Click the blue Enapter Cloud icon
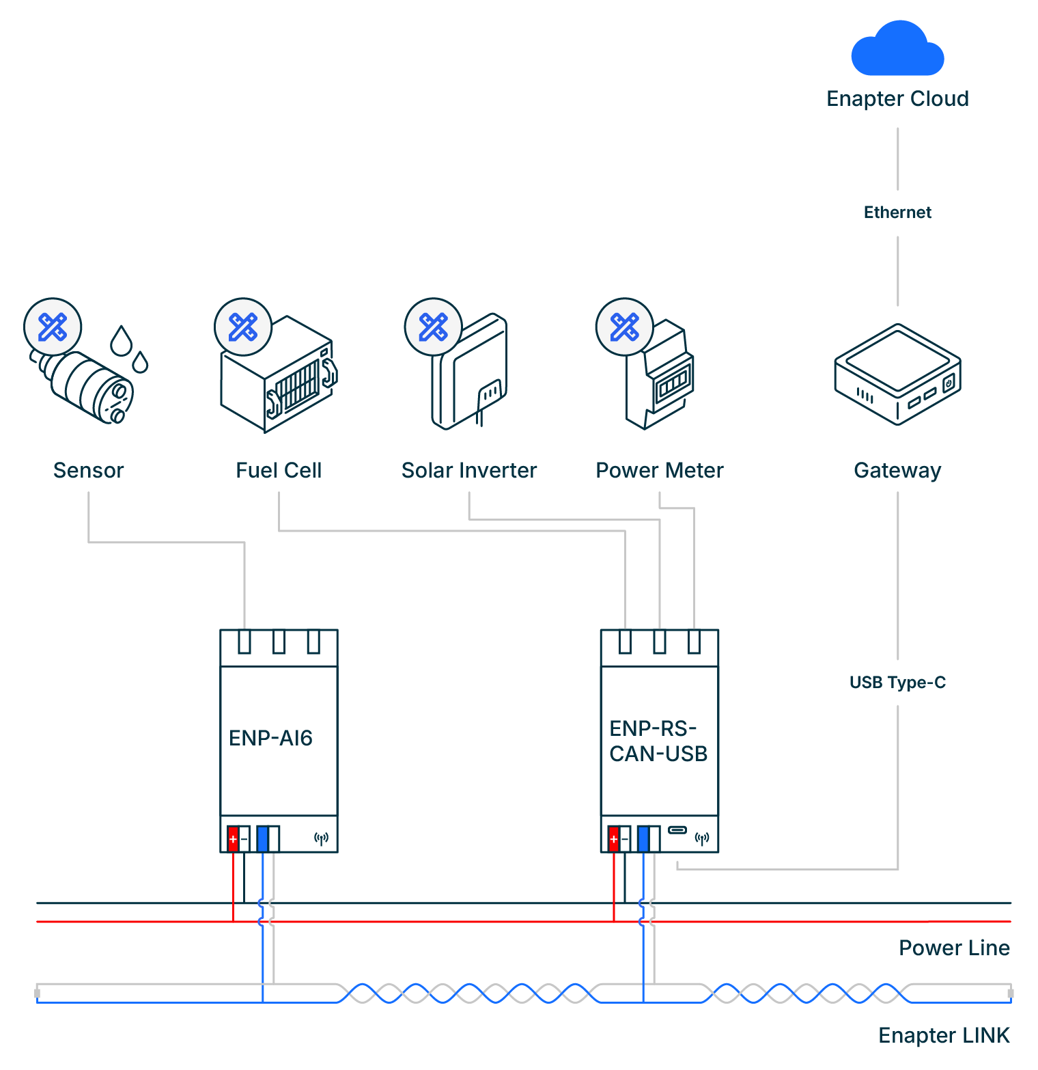897,49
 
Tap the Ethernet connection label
897,212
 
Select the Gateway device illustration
897,374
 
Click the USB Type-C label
897,683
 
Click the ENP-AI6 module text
270,738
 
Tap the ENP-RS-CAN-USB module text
658,741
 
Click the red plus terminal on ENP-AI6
233,838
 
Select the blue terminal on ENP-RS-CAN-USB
643,838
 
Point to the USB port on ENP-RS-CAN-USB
677,830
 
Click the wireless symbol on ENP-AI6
321,838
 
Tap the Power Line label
954,948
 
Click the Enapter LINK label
944,1035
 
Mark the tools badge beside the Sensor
53,327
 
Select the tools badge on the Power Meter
624,327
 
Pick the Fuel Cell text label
279,470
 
